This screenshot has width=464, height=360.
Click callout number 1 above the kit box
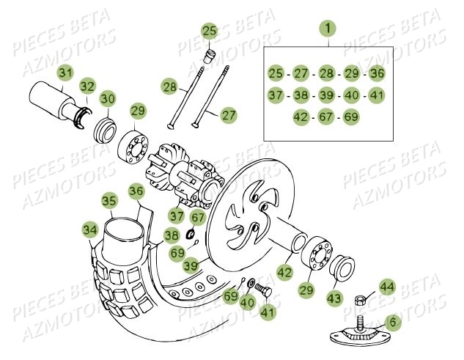tap(328, 29)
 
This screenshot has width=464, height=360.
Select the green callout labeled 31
tap(66, 73)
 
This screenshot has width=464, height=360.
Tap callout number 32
tap(87, 86)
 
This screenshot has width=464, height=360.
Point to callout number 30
tap(108, 100)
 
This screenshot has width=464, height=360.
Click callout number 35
tap(109, 200)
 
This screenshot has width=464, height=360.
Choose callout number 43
tap(335, 298)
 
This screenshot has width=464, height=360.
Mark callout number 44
tap(386, 287)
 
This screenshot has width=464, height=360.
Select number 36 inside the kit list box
tap(376, 73)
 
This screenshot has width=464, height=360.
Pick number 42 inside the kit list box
tap(300, 117)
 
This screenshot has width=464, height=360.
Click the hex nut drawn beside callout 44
tap(361, 299)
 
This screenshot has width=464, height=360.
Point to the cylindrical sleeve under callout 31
tap(51, 96)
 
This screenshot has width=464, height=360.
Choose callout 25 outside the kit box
tap(210, 31)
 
